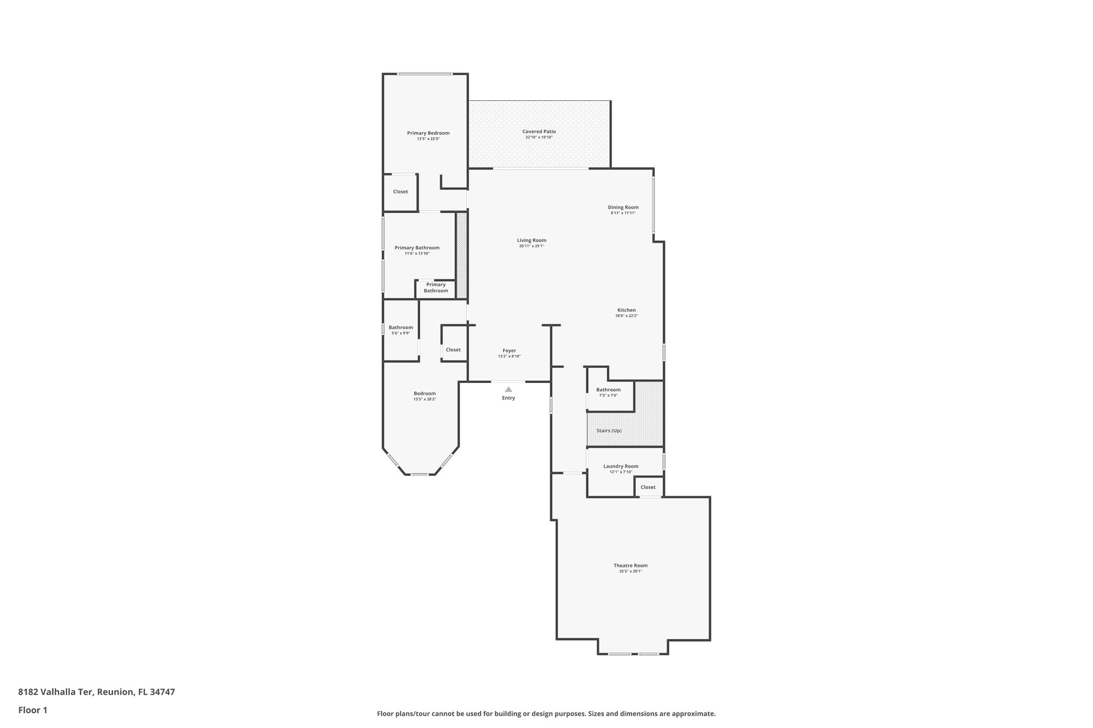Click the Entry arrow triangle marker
click(508, 389)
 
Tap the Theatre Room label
click(630, 565)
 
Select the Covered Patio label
click(539, 131)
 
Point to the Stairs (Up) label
click(609, 430)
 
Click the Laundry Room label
click(621, 466)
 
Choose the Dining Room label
click(623, 207)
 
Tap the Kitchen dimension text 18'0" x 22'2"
click(626, 316)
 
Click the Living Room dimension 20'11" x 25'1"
click(532, 246)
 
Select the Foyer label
click(509, 350)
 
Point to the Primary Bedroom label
click(428, 133)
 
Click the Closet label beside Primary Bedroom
click(400, 191)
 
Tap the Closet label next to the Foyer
click(453, 350)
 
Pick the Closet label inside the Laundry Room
click(648, 487)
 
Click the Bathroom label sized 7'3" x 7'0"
click(608, 389)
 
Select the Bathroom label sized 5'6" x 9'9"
click(400, 327)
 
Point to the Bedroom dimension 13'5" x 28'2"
click(425, 399)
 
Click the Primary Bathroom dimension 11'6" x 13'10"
click(417, 253)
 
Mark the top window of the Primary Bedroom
click(425, 74)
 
